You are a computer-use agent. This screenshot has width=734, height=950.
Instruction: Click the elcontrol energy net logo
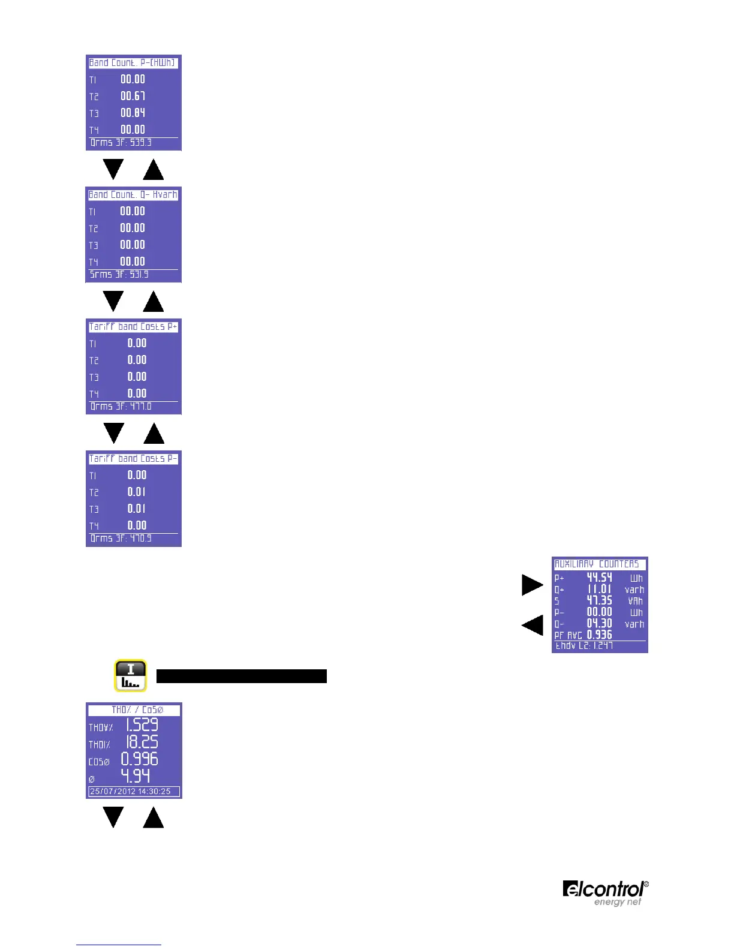coord(605,893)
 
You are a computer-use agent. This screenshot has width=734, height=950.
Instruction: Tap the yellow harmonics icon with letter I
coord(131,676)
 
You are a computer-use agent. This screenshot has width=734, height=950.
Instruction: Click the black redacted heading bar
coord(241,676)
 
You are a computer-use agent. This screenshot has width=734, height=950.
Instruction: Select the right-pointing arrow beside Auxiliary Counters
coord(532,585)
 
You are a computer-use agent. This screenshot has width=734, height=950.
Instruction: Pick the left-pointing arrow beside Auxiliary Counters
coord(532,625)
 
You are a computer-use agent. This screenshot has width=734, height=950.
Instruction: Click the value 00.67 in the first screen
coord(133,96)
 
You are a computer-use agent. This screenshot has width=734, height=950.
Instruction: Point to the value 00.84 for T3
coord(133,113)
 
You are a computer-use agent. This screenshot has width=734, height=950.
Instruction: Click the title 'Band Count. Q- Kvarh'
coord(133,195)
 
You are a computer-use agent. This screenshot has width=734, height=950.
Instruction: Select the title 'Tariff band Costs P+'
coord(133,327)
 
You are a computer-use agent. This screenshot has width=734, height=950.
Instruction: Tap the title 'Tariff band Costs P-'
coord(133,459)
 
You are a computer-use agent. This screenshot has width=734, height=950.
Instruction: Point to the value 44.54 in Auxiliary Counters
coord(599,578)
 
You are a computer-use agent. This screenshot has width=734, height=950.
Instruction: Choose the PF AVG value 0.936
coord(599,635)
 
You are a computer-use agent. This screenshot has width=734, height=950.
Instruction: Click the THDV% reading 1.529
coord(142,725)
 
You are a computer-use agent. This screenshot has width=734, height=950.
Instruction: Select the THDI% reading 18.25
coord(142,742)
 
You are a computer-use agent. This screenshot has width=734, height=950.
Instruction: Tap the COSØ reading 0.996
coord(140,759)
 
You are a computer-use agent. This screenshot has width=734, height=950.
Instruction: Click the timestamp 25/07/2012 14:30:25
coord(131,792)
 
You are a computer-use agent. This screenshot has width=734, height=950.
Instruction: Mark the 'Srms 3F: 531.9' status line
coord(119,275)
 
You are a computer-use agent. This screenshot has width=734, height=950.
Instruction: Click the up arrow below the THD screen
coord(154,817)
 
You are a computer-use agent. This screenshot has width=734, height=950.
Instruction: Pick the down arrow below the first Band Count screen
coord(113,169)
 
